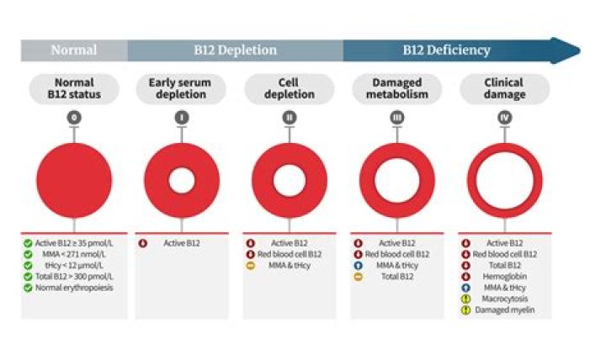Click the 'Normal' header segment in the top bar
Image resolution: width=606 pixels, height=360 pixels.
click(x=73, y=50)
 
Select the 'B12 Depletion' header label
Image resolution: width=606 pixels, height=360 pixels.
click(x=236, y=50)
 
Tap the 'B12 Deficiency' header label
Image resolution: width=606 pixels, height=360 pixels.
click(x=446, y=50)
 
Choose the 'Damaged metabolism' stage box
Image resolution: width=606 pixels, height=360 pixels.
click(x=396, y=88)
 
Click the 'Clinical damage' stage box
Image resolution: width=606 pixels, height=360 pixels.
click(x=504, y=88)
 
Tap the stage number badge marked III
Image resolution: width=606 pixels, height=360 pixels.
click(x=396, y=118)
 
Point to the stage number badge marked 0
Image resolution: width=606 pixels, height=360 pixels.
click(x=74, y=118)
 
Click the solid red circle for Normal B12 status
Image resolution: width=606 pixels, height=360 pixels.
click(x=74, y=181)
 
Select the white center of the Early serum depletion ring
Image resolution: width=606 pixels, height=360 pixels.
click(x=182, y=181)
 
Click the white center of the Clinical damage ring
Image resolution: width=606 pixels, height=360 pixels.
click(x=504, y=181)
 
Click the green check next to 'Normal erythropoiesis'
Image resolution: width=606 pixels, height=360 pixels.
click(x=28, y=288)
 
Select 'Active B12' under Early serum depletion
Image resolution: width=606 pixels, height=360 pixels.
click(x=182, y=243)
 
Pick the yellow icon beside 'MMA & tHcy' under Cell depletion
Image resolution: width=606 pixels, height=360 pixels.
click(x=250, y=265)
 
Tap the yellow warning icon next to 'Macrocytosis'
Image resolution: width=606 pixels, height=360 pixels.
click(x=465, y=299)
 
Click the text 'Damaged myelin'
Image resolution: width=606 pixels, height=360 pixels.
click(x=505, y=310)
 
